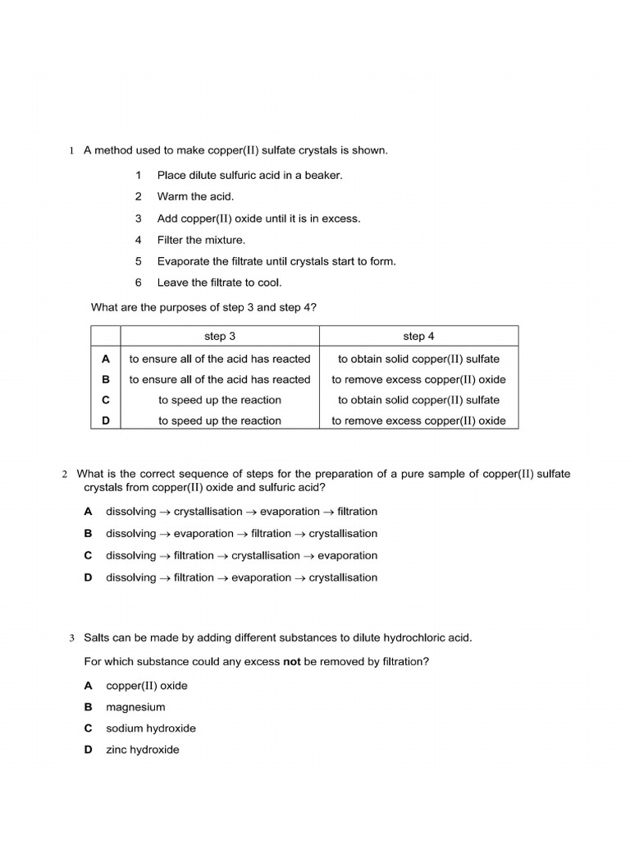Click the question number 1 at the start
pos(71,151)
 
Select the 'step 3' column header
pos(220,336)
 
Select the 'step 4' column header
pos(418,336)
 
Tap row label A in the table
pos(105,359)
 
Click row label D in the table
pos(105,420)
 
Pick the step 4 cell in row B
pos(418,379)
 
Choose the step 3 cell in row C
pos(220,400)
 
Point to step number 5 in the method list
pos(139,261)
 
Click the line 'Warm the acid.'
pos(195,196)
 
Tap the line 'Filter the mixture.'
pos(201,240)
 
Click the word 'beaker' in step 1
pos(322,175)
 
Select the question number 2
pos(64,475)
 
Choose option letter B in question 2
pos(88,534)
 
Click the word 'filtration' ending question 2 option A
pos(357,512)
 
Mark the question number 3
pos(71,638)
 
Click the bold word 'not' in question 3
pos(292,661)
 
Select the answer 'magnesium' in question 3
pos(135,707)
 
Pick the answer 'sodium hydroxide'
pos(151,728)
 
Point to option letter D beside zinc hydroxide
pos(88,750)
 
